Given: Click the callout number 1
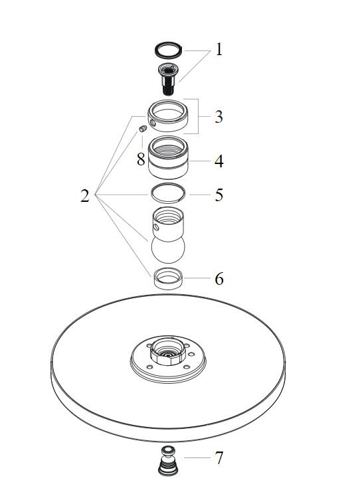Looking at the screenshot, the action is pyautogui.click(x=219, y=50).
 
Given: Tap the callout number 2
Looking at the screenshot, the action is pyautogui.click(x=85, y=196).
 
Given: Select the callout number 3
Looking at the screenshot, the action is pyautogui.click(x=219, y=117).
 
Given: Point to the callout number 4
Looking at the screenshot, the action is pyautogui.click(x=219, y=161).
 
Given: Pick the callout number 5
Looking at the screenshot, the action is pyautogui.click(x=219, y=195).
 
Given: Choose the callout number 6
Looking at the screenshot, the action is pyautogui.click(x=219, y=279).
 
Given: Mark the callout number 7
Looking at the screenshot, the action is pyautogui.click(x=219, y=458).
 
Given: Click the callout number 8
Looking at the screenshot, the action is pyautogui.click(x=141, y=159).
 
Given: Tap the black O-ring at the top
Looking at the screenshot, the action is pyautogui.click(x=169, y=50).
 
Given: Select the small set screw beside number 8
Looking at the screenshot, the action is pyautogui.click(x=143, y=129).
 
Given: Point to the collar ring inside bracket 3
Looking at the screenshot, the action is pyautogui.click(x=167, y=116).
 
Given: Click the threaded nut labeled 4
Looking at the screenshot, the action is pyautogui.click(x=169, y=157).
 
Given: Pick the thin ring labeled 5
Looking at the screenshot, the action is pyautogui.click(x=168, y=193).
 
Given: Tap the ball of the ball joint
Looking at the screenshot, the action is pyautogui.click(x=168, y=250).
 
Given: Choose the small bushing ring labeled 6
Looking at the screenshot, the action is pyautogui.click(x=169, y=278).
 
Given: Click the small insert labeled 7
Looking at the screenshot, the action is pyautogui.click(x=168, y=461).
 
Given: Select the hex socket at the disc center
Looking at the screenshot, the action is pyautogui.click(x=168, y=351).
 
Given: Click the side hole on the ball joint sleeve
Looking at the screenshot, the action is pyautogui.click(x=156, y=227).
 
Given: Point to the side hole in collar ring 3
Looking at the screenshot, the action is pyautogui.click(x=153, y=124).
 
